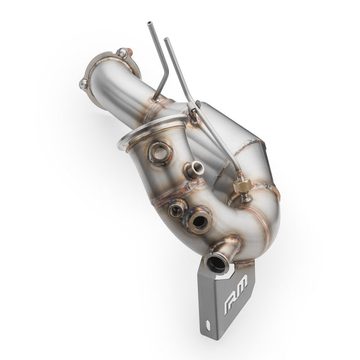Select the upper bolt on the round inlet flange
point(122,53)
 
